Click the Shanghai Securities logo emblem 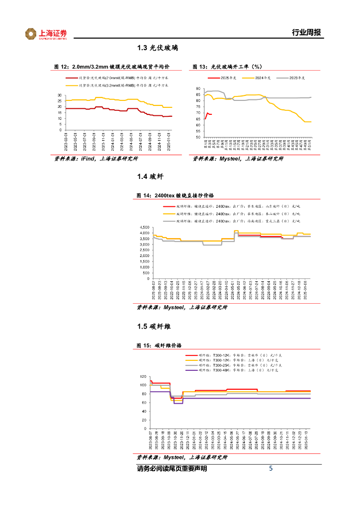click(31, 34)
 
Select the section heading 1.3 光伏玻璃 click(158, 48)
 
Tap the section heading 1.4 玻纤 click(151, 176)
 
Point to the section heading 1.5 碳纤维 click(154, 326)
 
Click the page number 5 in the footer click(271, 468)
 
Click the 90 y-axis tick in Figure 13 click(198, 88)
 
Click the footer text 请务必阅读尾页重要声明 click(172, 469)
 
